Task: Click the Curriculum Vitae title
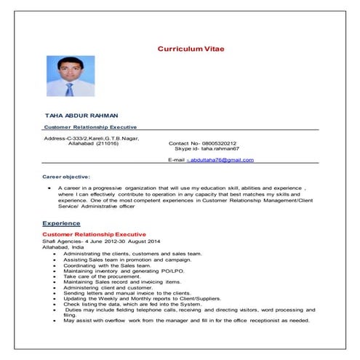(191, 48)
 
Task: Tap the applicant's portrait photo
(70, 76)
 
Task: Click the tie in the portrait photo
(70, 89)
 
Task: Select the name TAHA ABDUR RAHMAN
(81, 116)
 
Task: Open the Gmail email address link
(222, 159)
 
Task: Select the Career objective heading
(66, 177)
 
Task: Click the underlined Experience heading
(61, 223)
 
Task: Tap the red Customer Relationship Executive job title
(95, 235)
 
